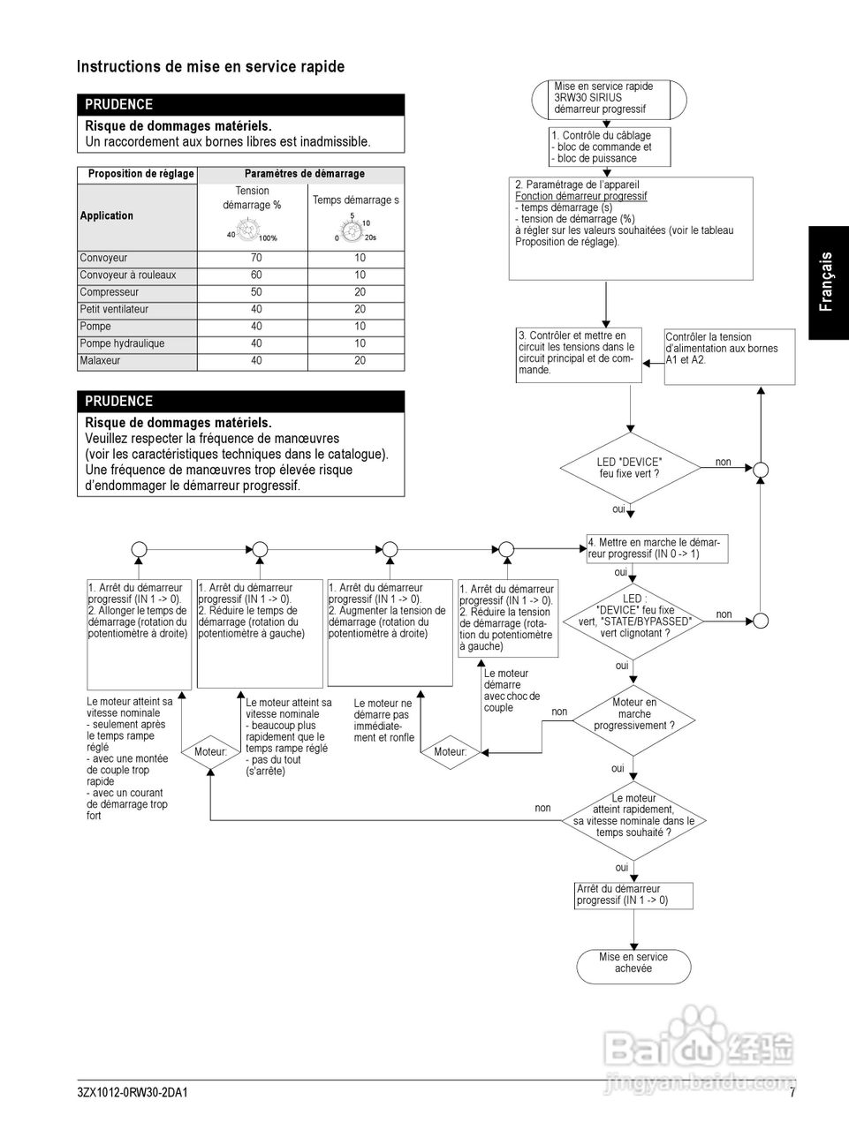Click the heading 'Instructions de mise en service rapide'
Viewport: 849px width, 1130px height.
[x=210, y=67]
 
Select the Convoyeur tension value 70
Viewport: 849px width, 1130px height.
[x=256, y=259]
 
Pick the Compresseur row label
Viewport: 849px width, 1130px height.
[x=110, y=292]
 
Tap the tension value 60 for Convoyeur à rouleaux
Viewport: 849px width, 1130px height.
[x=256, y=275]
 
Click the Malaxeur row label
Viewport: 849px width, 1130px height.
[x=100, y=361]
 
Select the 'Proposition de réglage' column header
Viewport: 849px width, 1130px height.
[x=140, y=174]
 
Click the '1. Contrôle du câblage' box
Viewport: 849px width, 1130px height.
[x=610, y=147]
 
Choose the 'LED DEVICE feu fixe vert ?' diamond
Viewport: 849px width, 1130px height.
[x=630, y=468]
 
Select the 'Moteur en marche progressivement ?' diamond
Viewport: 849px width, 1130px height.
[x=634, y=714]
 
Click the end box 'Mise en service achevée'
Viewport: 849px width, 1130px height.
[x=633, y=963]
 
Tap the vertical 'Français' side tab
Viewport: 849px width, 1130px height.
[x=827, y=282]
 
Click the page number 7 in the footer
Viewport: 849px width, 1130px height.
[x=792, y=1093]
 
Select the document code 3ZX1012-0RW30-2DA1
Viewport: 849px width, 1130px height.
[x=133, y=1093]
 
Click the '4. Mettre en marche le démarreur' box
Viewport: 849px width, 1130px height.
[x=657, y=548]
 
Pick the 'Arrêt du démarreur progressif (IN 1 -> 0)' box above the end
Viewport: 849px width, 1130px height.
[x=633, y=895]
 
